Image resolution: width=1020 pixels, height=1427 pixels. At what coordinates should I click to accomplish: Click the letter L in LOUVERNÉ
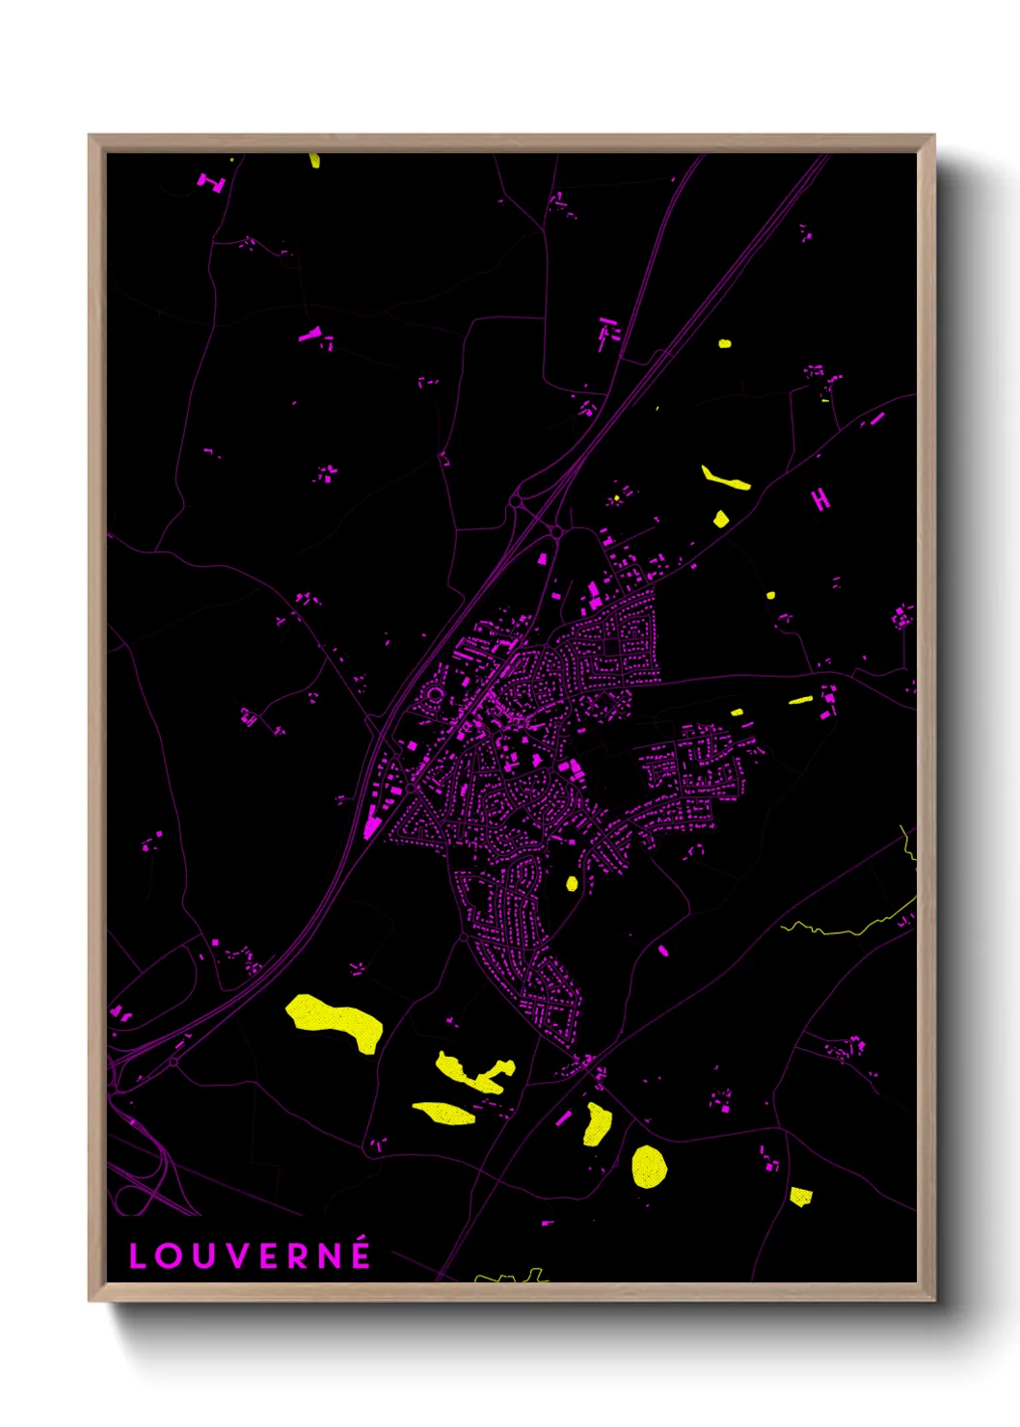(137, 1256)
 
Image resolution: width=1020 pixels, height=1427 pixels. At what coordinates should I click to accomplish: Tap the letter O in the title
(170, 1256)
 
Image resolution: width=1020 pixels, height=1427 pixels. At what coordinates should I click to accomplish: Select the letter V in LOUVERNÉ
(238, 1256)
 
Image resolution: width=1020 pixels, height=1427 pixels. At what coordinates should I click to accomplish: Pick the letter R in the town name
(298, 1256)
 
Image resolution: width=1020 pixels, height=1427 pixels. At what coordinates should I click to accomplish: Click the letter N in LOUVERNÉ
(329, 1256)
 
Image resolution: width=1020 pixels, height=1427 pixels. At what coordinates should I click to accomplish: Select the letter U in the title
(204, 1256)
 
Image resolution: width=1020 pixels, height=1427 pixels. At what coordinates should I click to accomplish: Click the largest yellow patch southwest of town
(336, 1021)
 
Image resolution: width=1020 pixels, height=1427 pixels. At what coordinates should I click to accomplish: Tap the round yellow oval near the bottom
(649, 1166)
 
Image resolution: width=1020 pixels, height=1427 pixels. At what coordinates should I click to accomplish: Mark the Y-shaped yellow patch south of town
(472, 1073)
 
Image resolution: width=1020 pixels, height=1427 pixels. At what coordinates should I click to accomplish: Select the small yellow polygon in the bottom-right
(800, 1197)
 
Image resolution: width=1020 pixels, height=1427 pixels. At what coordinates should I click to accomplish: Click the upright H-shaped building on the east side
(820, 498)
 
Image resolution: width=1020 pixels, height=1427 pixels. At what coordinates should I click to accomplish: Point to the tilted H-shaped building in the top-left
(211, 181)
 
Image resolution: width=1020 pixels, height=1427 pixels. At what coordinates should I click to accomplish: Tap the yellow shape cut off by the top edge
(315, 160)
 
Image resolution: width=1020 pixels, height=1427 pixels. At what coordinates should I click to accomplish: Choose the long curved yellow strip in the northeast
(725, 478)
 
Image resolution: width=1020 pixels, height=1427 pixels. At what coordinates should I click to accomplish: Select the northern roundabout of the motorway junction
(516, 501)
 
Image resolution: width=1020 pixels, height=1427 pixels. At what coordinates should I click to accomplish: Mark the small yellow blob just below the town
(572, 882)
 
